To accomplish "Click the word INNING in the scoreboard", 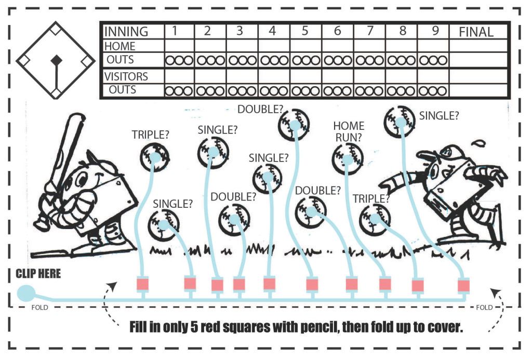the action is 126,32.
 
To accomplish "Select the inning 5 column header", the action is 305,31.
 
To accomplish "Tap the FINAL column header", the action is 476,32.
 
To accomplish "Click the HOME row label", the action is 120,46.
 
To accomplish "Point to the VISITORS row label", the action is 126,77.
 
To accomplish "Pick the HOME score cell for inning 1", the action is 179,46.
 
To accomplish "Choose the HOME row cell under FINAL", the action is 478,46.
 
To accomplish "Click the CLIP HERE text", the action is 38,273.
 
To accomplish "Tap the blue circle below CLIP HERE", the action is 26,293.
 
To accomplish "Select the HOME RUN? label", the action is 349,131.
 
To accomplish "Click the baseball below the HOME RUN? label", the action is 348,158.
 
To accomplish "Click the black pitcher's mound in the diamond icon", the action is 56,61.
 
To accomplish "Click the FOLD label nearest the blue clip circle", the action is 39,308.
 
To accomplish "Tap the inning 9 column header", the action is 435,31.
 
